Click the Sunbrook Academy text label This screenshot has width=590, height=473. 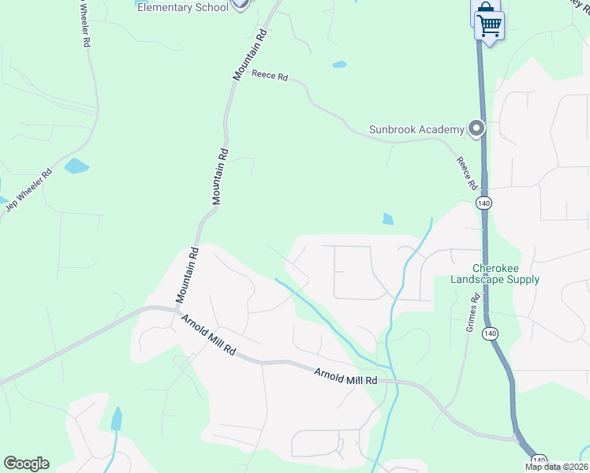(416, 129)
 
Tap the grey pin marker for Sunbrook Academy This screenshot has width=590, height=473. (476, 128)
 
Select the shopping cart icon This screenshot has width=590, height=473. (489, 27)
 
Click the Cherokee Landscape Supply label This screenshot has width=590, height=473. (495, 274)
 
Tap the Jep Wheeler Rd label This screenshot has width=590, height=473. (29, 191)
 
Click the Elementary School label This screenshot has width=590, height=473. (183, 7)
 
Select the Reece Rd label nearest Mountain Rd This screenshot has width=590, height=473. (270, 76)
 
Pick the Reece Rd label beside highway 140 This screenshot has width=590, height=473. (467, 173)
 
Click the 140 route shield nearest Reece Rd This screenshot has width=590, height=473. (484, 203)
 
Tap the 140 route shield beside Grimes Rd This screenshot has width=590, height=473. (490, 334)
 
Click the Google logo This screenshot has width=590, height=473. (26, 464)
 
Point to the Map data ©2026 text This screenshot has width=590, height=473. (557, 467)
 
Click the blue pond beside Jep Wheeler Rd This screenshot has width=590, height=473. (77, 166)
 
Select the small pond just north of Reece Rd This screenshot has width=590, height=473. (339, 65)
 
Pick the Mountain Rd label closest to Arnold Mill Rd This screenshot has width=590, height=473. (186, 275)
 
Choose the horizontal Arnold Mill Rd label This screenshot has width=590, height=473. (345, 377)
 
